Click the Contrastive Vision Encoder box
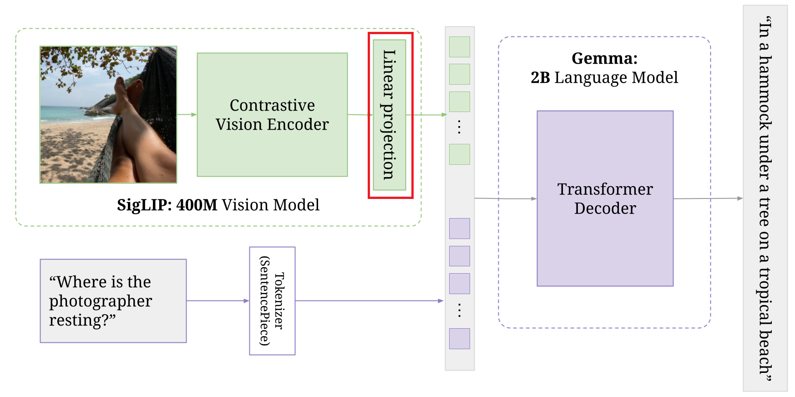(272, 115)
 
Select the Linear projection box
(389, 115)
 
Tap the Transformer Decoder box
(605, 198)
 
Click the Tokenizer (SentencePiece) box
(272, 301)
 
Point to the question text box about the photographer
(113, 301)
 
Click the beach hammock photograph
(108, 115)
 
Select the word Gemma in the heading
(604, 58)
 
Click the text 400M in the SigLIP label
(197, 205)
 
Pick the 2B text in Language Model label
(540, 78)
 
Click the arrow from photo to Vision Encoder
(187, 115)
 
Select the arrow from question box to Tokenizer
(218, 301)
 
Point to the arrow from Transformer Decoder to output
(708, 198)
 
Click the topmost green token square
(460, 47)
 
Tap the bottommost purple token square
(460, 339)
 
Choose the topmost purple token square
(460, 229)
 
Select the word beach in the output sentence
(765, 351)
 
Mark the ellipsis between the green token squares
(460, 127)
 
